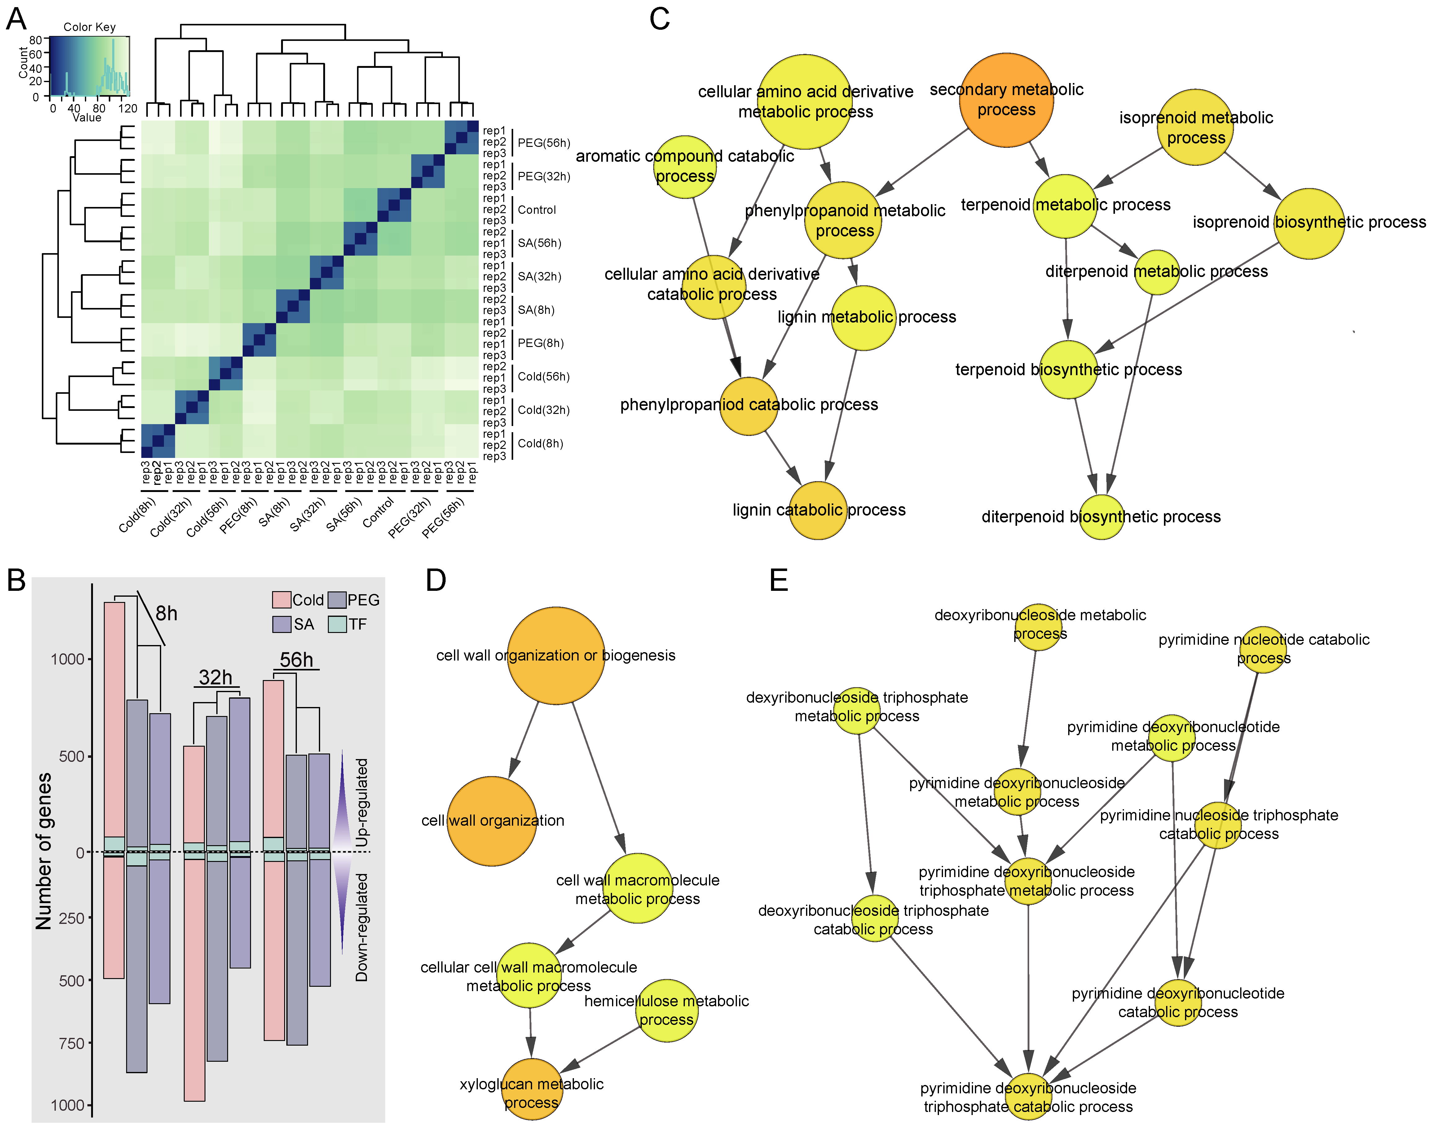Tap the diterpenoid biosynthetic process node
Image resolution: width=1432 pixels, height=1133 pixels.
(x=1102, y=517)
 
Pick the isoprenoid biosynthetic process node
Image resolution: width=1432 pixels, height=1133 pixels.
(x=1309, y=223)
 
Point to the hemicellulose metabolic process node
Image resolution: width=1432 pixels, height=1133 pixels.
(x=666, y=1010)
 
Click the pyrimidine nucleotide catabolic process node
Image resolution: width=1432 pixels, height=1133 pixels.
(x=1263, y=649)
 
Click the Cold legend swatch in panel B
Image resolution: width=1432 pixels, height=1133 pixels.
(x=281, y=600)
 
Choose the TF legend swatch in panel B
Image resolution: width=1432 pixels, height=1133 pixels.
(x=337, y=624)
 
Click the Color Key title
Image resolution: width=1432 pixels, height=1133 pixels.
(x=90, y=27)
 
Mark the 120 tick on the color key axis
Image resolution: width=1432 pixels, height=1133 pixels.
(x=127, y=108)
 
